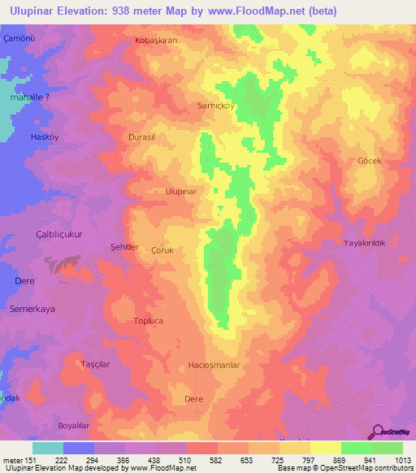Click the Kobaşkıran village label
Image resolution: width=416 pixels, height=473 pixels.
[x=155, y=40]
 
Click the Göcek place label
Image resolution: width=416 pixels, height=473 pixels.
[x=370, y=161]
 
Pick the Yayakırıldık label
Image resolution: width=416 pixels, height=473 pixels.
[x=368, y=243]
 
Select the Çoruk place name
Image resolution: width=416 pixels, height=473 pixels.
[x=162, y=251]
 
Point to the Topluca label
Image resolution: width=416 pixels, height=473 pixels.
[x=148, y=321]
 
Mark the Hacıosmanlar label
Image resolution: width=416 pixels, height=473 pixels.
[x=214, y=366]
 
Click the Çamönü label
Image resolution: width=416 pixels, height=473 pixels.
[x=20, y=39]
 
